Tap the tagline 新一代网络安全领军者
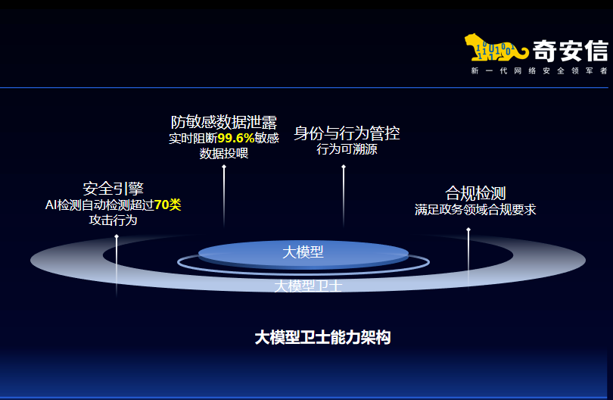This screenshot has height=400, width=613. (x=538, y=70)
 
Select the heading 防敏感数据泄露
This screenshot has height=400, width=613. (x=223, y=122)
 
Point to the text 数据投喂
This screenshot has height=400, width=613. (x=223, y=153)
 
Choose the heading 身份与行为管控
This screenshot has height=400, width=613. (x=347, y=133)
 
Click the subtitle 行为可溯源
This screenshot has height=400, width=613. (x=347, y=149)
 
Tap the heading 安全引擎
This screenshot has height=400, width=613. (x=114, y=189)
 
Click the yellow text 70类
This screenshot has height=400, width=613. (x=167, y=205)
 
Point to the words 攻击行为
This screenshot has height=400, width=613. (x=114, y=220)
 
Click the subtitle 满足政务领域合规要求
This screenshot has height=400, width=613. (x=475, y=209)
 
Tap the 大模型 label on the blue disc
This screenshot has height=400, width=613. (x=303, y=252)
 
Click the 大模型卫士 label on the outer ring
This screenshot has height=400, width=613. (x=308, y=286)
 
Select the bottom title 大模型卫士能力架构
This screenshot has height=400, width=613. (x=322, y=338)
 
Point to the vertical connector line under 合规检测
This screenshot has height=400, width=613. (x=468, y=250)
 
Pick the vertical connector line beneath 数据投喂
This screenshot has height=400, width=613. (x=224, y=193)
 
